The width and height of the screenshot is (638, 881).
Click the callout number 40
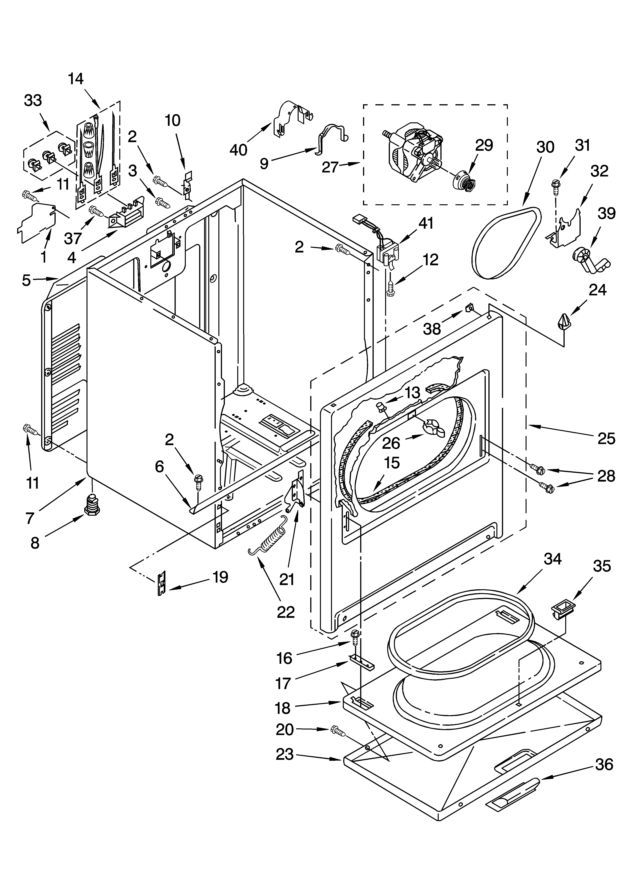[x=238, y=150]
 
